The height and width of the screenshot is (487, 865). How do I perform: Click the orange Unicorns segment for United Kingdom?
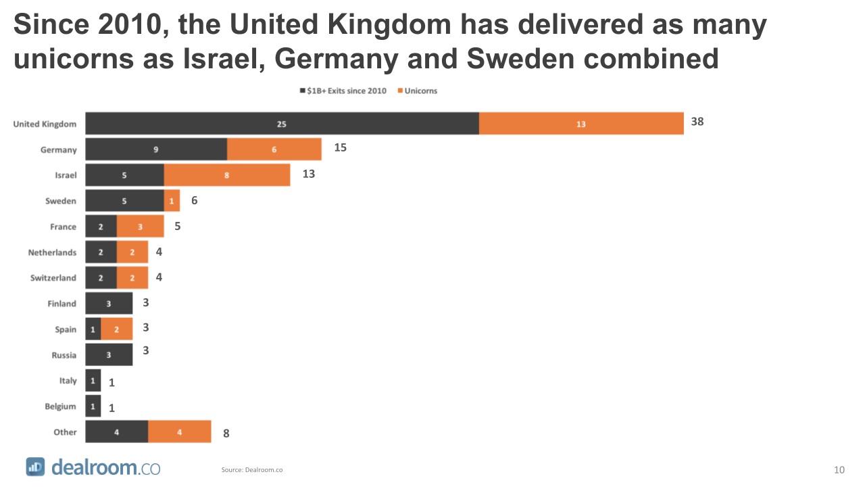[x=581, y=124]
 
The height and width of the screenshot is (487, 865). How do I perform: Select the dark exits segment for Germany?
[x=156, y=149]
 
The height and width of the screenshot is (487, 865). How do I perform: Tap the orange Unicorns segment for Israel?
[x=227, y=175]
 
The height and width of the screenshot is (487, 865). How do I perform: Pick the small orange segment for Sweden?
[x=172, y=201]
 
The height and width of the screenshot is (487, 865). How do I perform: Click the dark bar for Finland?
[x=109, y=304]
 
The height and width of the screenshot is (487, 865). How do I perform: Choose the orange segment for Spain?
[x=117, y=329]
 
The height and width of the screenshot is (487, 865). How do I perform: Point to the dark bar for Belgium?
[x=93, y=407]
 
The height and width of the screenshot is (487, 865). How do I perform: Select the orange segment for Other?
[x=180, y=432]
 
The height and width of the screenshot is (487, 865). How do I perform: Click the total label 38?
[x=697, y=122]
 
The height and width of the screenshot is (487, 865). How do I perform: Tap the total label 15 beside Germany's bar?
[x=340, y=147]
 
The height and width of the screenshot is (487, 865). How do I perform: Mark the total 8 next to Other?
[x=226, y=434]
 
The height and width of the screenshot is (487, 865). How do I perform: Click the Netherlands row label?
[x=52, y=252]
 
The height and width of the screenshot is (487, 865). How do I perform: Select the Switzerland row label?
[x=53, y=278]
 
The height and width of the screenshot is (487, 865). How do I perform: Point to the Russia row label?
[x=64, y=355]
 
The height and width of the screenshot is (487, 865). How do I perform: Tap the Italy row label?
[x=68, y=381]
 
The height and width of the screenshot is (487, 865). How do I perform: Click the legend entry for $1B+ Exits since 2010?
[x=343, y=91]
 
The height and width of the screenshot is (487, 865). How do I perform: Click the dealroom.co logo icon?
[x=36, y=467]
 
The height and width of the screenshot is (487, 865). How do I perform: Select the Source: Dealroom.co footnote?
[x=252, y=470]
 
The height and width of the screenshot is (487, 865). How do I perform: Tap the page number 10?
[x=839, y=470]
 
